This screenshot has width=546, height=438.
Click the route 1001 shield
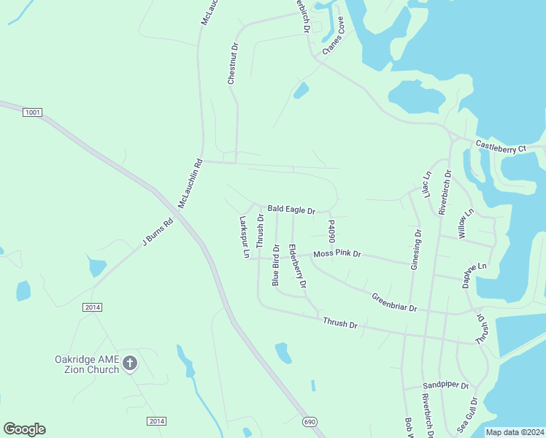32,112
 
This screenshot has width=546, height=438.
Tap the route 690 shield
309,421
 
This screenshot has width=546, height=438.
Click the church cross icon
130,363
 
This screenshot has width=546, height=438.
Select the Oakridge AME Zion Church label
87,364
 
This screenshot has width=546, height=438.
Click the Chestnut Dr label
233,64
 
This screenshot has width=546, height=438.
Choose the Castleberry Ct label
501,147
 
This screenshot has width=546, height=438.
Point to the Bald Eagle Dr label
291,210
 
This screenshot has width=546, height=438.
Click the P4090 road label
331,231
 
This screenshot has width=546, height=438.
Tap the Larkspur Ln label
245,237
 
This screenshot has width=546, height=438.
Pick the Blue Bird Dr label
276,265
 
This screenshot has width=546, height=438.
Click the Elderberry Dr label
297,265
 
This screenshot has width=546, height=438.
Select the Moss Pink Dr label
337,254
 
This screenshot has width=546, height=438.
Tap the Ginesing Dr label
416,250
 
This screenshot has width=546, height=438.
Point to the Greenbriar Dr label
393,303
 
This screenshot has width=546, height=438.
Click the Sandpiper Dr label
445,385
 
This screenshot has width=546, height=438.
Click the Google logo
24,429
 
